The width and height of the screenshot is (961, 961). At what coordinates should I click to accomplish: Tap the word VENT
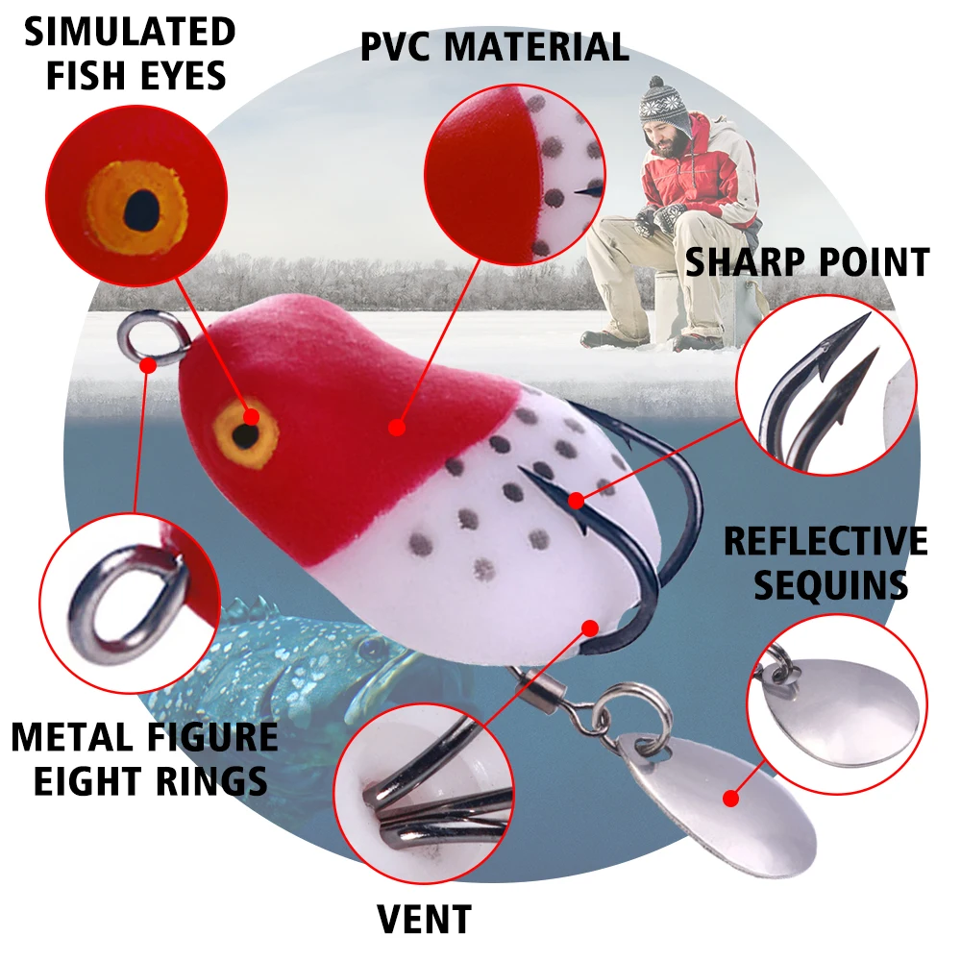pos(424,919)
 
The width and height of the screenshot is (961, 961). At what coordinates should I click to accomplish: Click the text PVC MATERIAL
pos(494,46)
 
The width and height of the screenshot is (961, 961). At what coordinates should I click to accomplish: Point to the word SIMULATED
pos(130,32)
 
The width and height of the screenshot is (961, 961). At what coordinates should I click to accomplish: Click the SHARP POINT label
pos(806,262)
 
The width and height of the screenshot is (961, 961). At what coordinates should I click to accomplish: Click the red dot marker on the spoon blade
pos(730,798)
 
